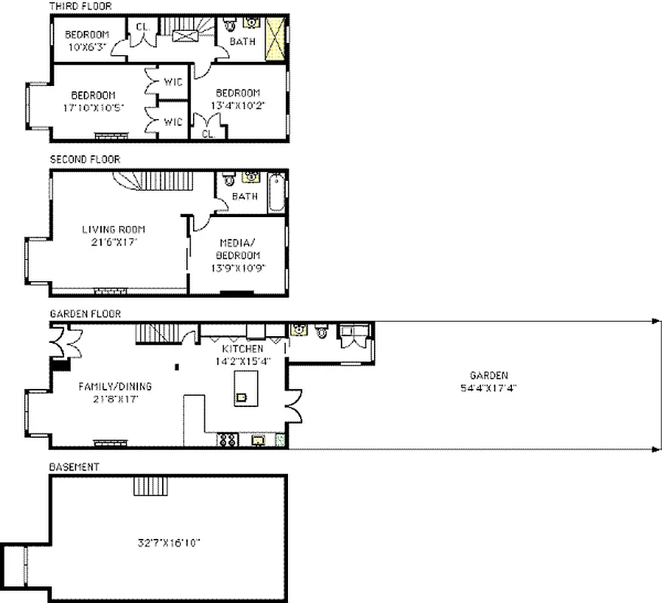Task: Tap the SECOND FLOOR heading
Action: click(84, 160)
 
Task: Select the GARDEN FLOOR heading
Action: click(85, 314)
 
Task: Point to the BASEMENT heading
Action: click(74, 467)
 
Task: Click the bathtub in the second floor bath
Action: click(277, 192)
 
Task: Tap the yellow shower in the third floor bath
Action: click(276, 38)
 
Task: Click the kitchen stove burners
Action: click(228, 440)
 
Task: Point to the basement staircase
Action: click(144, 485)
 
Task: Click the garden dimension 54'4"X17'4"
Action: click(489, 388)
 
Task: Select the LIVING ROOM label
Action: click(113, 229)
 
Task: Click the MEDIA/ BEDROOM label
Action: click(239, 249)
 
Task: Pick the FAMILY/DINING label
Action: click(115, 387)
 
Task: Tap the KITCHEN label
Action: click(242, 349)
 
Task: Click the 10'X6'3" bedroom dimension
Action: click(87, 47)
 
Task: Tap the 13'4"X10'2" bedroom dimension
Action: click(238, 106)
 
